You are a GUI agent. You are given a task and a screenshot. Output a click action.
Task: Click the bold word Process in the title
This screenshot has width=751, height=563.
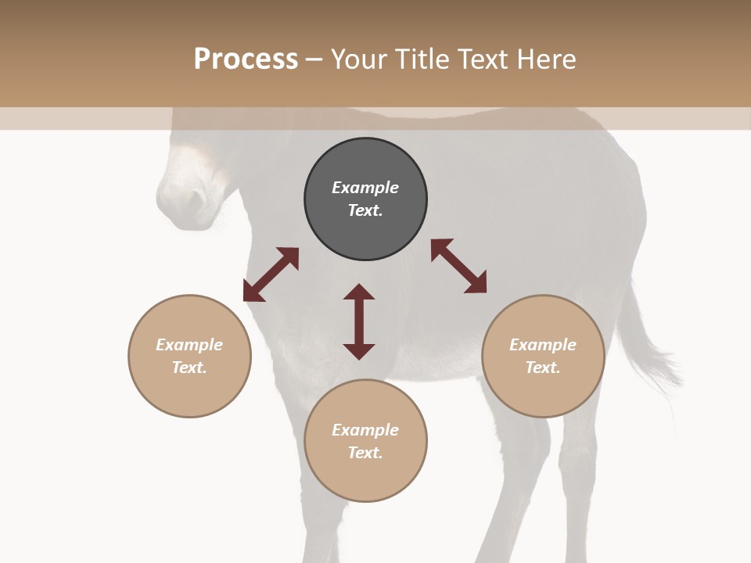[x=246, y=59]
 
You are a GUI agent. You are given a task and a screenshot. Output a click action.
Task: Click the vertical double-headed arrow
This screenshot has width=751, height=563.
[x=359, y=321]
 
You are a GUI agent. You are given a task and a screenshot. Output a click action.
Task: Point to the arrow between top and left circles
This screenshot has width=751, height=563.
[x=271, y=274]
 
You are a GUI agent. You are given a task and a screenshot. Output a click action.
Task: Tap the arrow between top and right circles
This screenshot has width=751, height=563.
[x=459, y=266]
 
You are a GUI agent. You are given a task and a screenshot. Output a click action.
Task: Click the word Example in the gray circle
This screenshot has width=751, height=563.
[x=365, y=188]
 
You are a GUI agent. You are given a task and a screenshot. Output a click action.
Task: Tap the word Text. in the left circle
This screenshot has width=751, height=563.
[x=189, y=368]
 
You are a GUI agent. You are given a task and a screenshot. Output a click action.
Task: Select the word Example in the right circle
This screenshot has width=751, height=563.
[x=543, y=345]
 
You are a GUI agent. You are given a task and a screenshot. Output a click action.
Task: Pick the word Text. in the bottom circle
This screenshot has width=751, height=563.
[x=365, y=453]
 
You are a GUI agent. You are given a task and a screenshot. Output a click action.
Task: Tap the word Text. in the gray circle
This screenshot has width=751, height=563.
[x=365, y=210]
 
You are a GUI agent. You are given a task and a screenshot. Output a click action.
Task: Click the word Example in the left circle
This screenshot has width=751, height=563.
[x=189, y=345]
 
